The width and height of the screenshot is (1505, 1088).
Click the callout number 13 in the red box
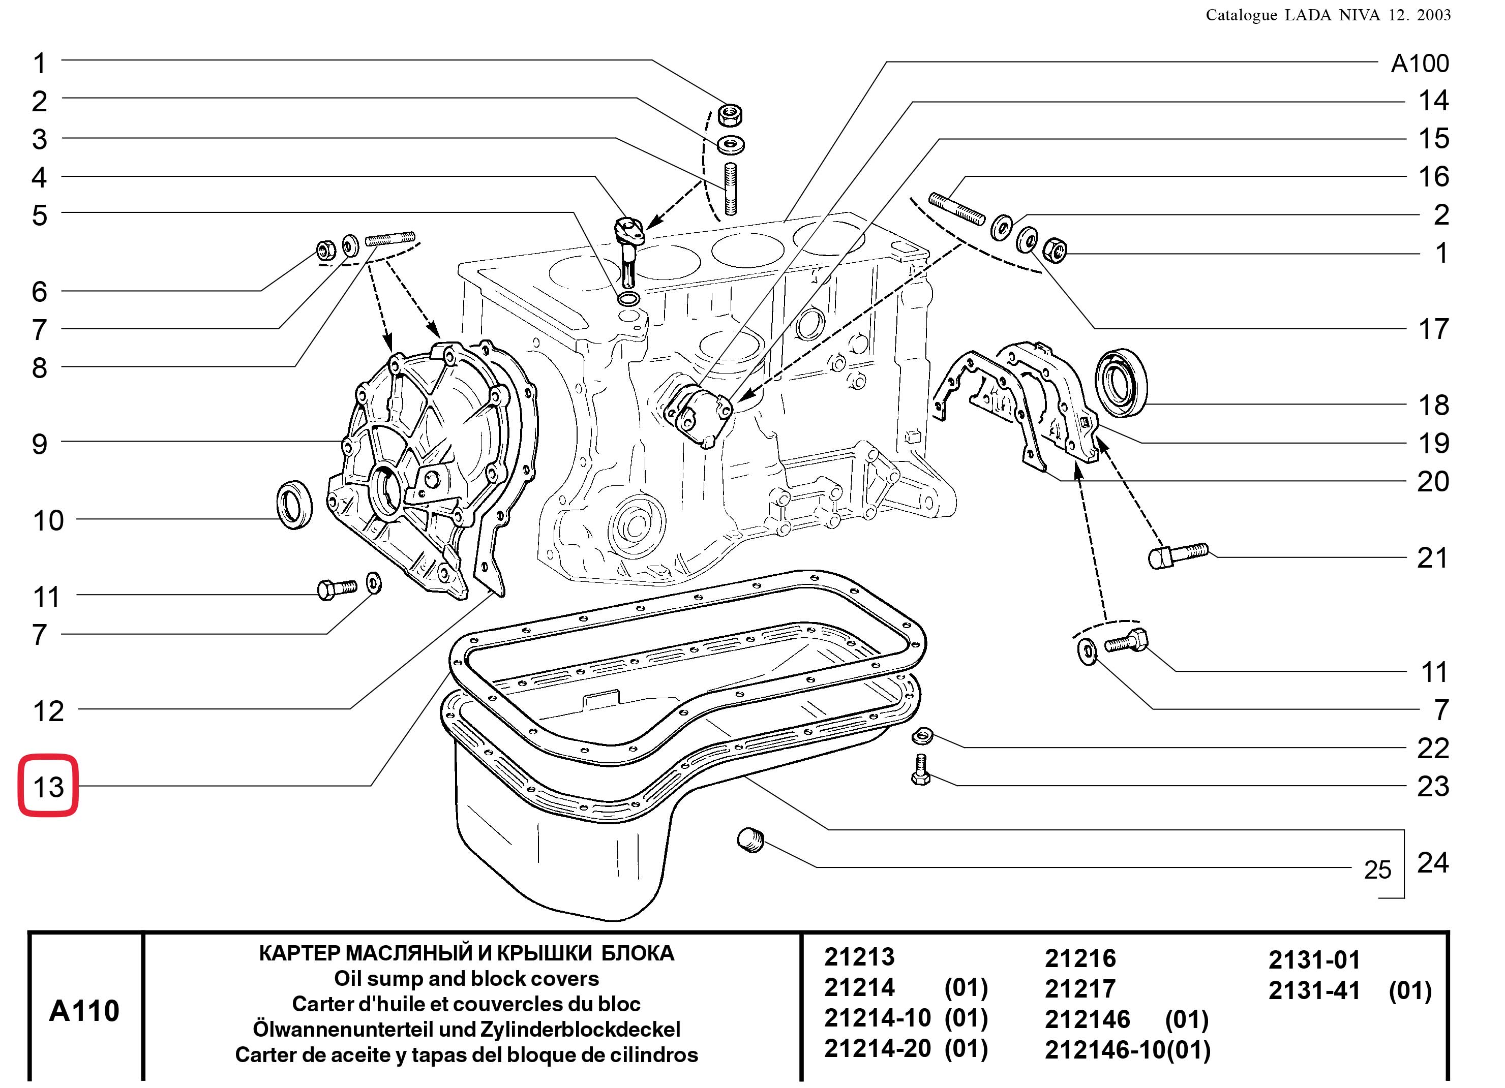(48, 787)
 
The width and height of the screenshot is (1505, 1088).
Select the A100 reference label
(1420, 64)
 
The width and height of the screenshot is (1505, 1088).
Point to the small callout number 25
(1377, 869)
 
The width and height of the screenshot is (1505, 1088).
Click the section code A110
(84, 1010)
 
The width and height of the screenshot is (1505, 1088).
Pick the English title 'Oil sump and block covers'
(466, 979)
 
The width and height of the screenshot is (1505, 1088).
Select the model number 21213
(859, 957)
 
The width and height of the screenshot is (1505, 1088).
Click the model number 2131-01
(1314, 960)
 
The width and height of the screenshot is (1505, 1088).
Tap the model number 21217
(1080, 989)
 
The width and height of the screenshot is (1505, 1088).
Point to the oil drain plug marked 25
(750, 841)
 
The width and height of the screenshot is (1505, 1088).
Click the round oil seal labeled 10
(293, 506)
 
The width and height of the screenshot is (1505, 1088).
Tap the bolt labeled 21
(1177, 554)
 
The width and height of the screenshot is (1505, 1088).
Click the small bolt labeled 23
(921, 769)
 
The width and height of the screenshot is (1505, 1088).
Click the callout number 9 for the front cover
(40, 443)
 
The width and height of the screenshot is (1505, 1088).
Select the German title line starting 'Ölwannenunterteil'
(466, 1029)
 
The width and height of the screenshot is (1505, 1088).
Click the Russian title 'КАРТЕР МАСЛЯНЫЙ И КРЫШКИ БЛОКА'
(466, 953)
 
